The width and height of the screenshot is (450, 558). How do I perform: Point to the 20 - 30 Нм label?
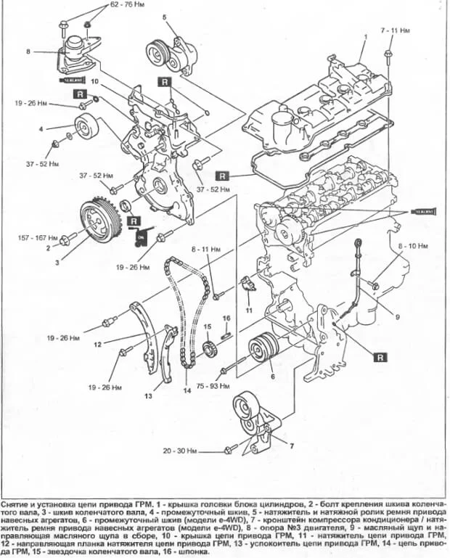point(180,451)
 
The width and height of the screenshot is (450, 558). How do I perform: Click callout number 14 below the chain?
point(187,391)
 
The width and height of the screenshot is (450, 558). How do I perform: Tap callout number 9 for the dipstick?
point(398,316)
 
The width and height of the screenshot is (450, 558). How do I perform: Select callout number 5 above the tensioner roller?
point(165,16)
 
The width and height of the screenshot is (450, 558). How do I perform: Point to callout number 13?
point(147,396)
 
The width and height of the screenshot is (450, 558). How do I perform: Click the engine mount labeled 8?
point(73,58)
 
